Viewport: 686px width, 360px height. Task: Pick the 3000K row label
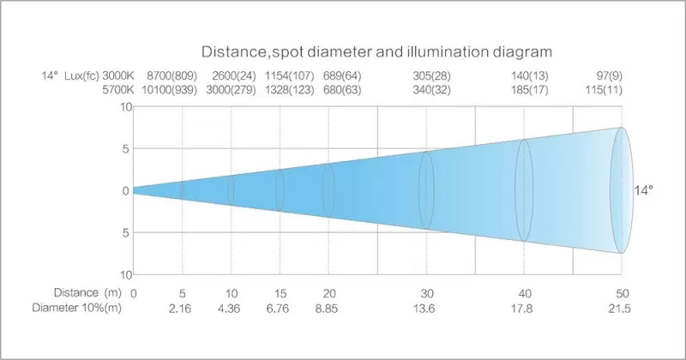[x=119, y=76]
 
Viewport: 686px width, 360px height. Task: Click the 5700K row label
[x=119, y=90]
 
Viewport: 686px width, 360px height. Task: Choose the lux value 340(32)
[x=427, y=90]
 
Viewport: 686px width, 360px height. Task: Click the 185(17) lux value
[x=524, y=90]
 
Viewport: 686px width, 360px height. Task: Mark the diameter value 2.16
[x=183, y=308]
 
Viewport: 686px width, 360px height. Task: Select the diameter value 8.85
[x=329, y=308]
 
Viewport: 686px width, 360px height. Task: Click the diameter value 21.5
[x=620, y=308]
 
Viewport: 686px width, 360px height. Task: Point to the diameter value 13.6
[x=427, y=308]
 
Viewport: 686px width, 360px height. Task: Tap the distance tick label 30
[x=427, y=293]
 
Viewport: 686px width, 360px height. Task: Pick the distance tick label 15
[x=280, y=293]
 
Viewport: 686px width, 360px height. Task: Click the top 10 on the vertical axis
[x=124, y=107]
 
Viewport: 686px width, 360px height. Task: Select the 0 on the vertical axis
[x=125, y=190]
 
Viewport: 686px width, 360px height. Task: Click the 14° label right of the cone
[x=643, y=190]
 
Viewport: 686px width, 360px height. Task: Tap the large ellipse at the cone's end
[x=622, y=190]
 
